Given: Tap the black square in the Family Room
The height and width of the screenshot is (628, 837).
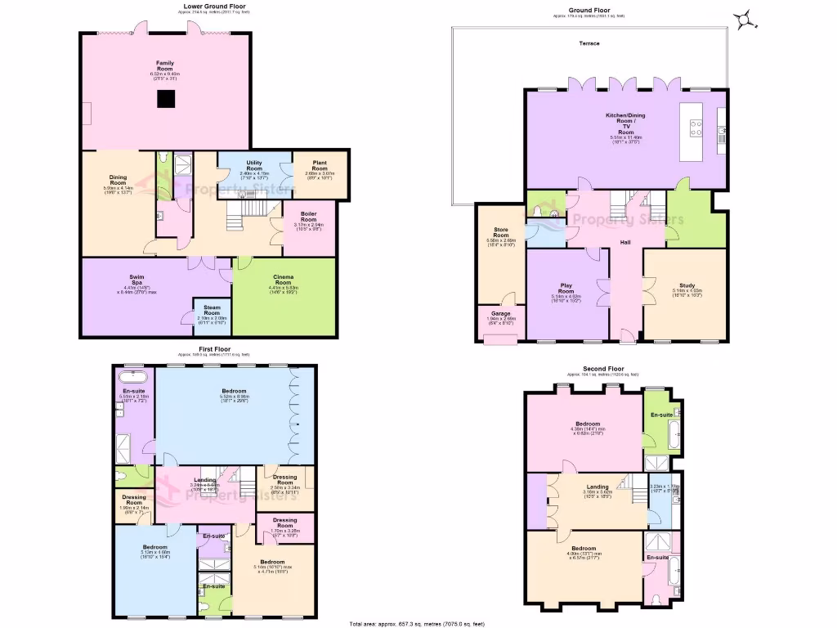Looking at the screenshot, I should (167, 99).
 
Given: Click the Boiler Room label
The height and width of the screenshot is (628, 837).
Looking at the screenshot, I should (308, 216).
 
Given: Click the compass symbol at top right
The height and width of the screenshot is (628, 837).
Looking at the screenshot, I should (745, 18).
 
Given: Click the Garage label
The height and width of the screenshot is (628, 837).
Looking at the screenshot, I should (500, 313).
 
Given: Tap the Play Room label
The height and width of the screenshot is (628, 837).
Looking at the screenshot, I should (566, 288).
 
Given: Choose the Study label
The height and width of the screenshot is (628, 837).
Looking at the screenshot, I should (684, 285).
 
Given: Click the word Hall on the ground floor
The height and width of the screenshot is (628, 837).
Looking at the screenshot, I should (624, 243).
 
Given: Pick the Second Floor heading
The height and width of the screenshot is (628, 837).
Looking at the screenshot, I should (605, 369).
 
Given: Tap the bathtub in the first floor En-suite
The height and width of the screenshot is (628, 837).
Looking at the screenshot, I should (131, 378).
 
